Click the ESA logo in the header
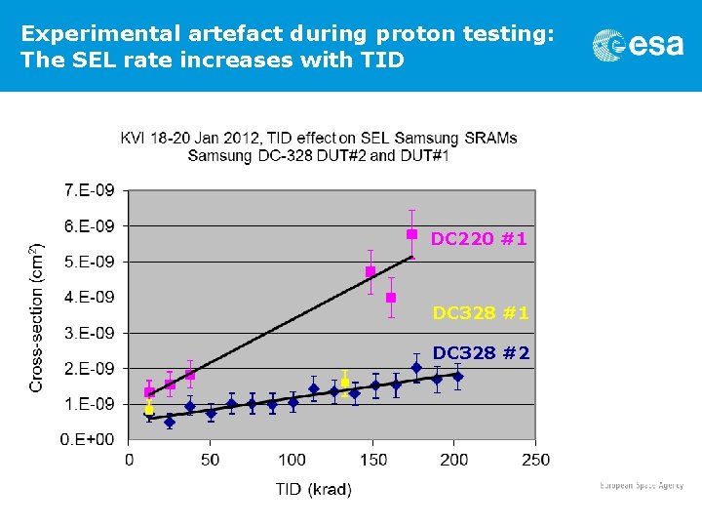click(x=638, y=45)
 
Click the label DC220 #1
click(x=479, y=238)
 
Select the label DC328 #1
click(x=481, y=313)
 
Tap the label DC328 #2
click(x=481, y=352)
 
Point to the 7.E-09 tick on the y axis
click(x=89, y=189)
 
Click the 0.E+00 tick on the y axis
click(x=87, y=440)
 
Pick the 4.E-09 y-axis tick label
click(x=89, y=297)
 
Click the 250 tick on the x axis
click(x=535, y=460)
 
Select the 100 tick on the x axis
click(x=292, y=460)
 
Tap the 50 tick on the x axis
click(x=211, y=460)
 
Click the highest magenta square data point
click(x=411, y=234)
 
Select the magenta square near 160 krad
click(x=391, y=298)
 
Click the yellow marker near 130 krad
click(x=345, y=383)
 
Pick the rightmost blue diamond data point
click(x=458, y=376)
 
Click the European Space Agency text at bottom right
click(x=641, y=485)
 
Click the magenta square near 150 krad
click(x=370, y=271)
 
